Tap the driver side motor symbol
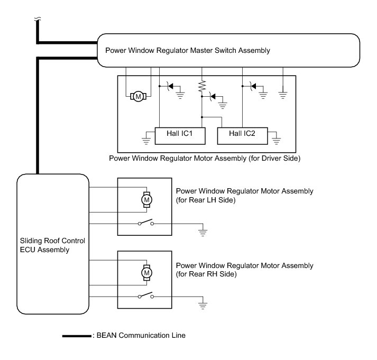[x=139, y=96]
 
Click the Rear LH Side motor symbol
[x=146, y=199]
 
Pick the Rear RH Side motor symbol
[x=146, y=272]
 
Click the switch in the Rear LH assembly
[x=146, y=223]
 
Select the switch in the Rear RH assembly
[x=146, y=296]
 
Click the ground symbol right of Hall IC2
[x=275, y=141]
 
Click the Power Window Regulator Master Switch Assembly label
[x=188, y=51]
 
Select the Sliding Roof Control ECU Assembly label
[x=51, y=245]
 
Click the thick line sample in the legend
[x=76, y=335]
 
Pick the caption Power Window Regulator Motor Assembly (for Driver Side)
[x=205, y=158]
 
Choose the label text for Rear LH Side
[x=244, y=196]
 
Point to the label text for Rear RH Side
[x=244, y=270]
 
